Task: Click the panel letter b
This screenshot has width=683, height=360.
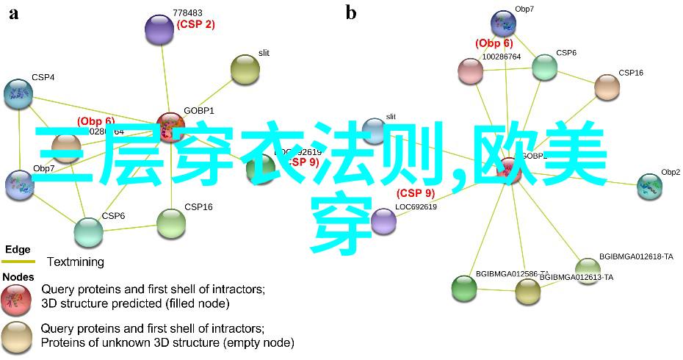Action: (351, 12)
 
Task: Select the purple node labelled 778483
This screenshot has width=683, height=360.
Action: (159, 29)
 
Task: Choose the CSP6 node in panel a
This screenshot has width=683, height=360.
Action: (88, 231)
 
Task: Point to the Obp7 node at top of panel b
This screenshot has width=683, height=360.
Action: (503, 22)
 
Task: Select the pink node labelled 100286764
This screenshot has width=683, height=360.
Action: (470, 71)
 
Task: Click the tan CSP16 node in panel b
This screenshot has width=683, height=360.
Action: (607, 87)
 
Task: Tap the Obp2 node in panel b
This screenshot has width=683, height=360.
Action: (649, 185)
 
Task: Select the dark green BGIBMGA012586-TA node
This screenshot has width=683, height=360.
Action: (463, 288)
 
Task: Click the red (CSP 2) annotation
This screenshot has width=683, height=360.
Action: (195, 24)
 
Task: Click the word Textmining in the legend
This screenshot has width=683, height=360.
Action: (76, 262)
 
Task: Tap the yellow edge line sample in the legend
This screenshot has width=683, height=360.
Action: (18, 262)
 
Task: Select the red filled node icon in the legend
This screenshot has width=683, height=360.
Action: (15, 296)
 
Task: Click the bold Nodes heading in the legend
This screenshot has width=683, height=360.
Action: (19, 277)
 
